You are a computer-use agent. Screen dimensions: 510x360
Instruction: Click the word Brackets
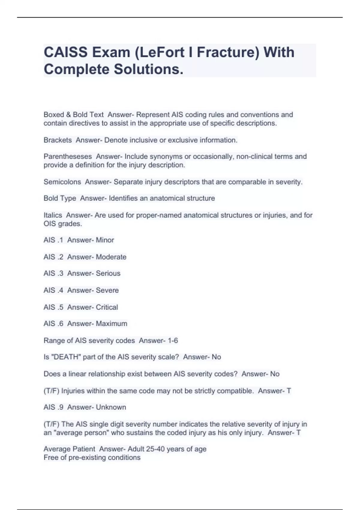(58, 140)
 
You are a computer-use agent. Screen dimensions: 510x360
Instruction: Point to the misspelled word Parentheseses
(68, 157)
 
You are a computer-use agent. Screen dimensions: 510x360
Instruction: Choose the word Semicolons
(62, 182)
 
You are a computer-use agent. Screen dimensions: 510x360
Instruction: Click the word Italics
(53, 215)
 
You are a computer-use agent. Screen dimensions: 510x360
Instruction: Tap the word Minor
(105, 240)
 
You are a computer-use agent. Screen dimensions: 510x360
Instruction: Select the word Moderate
(111, 257)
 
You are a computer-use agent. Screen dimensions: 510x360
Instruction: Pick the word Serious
(108, 273)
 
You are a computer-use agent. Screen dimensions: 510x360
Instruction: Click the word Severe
(107, 290)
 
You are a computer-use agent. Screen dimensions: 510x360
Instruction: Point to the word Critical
(107, 307)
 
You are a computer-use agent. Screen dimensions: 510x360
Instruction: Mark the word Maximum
(111, 324)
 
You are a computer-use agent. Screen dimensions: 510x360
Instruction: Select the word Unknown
(111, 407)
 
